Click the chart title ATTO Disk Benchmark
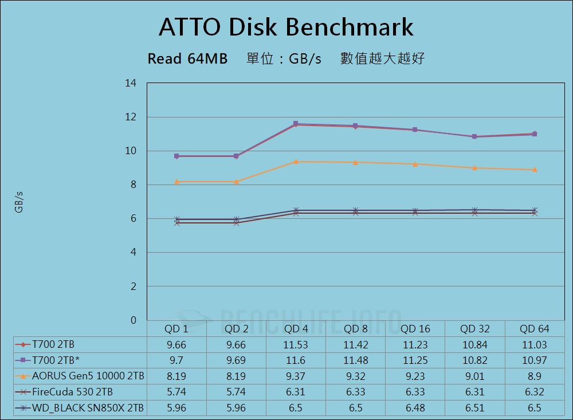286,27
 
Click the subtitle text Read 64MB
187,58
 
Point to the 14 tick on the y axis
131,84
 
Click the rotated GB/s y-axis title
19,202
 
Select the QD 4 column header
296,329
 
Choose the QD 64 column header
535,329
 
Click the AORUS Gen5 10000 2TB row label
88,376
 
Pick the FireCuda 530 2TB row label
73,392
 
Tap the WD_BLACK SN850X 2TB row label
88,409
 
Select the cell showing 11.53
296,345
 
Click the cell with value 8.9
535,376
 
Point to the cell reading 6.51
475,409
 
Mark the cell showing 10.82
475,360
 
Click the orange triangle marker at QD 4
296,162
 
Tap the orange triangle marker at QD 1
177,182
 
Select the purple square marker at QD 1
177,156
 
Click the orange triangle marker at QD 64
535,170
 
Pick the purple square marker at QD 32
475,137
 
